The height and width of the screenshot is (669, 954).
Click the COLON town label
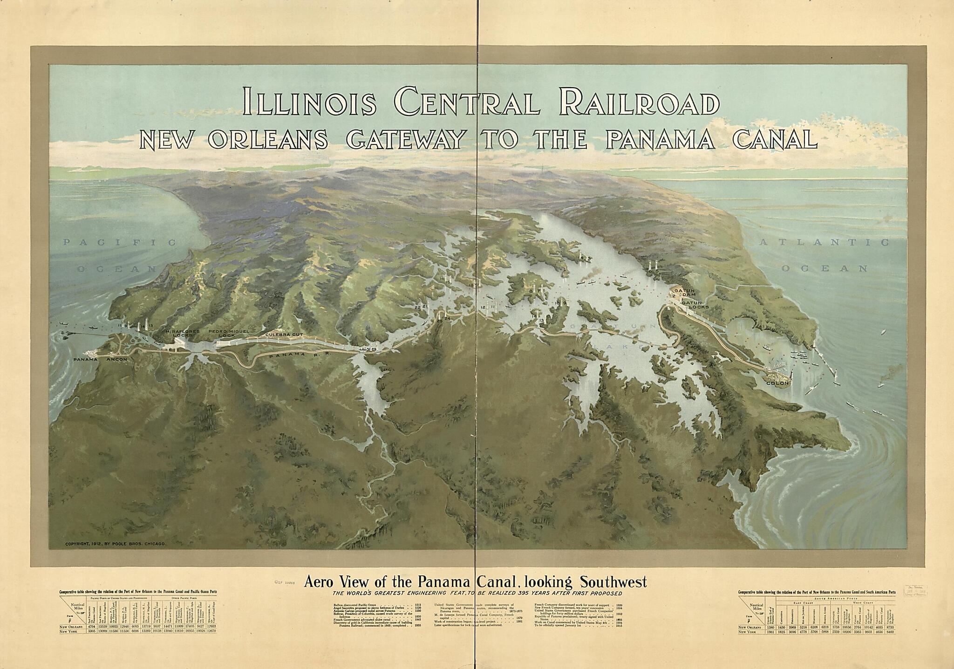tap(777, 383)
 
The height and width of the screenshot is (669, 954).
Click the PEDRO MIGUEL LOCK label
tap(229, 333)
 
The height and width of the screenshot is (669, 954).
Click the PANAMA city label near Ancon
tap(85, 360)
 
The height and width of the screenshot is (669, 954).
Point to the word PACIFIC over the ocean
tap(120, 242)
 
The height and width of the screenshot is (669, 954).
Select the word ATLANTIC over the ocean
tap(824, 242)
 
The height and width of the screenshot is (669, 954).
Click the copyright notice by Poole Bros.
tap(116, 544)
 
